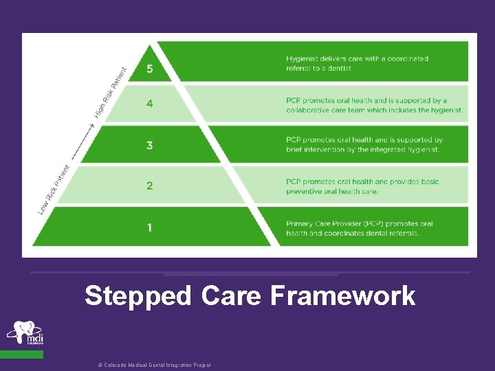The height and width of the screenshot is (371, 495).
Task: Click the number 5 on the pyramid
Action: coord(150,69)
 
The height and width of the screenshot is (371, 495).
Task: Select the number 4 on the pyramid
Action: coord(149,105)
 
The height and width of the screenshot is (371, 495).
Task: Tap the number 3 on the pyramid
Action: coord(149,145)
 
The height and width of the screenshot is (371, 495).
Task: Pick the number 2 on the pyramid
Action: coord(149,185)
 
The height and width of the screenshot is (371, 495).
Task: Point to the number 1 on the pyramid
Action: coord(149,227)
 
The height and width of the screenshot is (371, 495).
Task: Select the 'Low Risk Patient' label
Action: coord(54,189)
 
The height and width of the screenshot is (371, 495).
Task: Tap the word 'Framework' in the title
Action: coord(342,296)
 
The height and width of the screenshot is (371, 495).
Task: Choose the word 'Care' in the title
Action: coord(231,296)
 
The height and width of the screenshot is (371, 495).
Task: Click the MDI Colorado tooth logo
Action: coord(25,333)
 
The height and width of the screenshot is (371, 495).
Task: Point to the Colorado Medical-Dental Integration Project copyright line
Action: coord(154,365)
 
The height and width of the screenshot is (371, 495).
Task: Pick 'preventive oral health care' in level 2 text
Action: coord(332,192)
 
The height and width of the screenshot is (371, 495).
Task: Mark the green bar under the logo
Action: coord(21,355)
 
